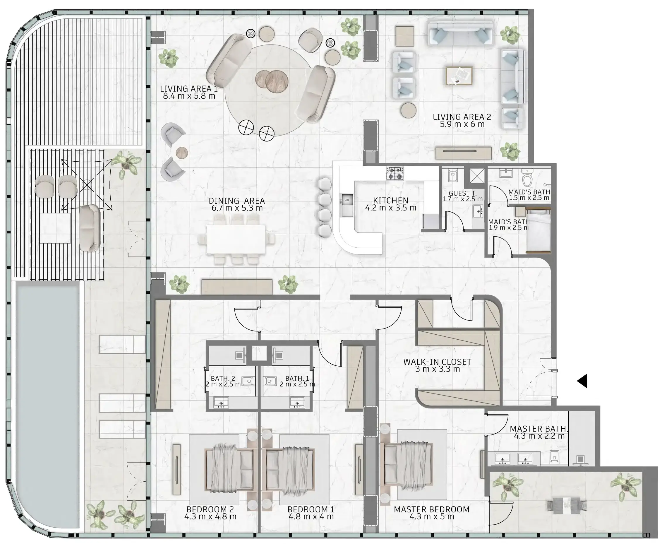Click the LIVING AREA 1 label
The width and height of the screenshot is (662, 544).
(x=189, y=89)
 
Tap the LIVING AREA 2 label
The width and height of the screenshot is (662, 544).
(x=462, y=117)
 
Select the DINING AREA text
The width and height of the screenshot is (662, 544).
(x=237, y=201)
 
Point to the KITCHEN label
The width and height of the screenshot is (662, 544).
(x=390, y=201)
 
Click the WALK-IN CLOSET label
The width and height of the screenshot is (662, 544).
(x=437, y=362)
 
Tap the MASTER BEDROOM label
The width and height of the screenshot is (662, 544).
(x=431, y=509)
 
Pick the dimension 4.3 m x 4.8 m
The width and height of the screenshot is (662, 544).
(x=210, y=517)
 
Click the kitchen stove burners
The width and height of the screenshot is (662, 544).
(x=395, y=173)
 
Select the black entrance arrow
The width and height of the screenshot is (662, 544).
(x=582, y=381)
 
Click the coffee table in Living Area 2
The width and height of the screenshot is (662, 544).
(x=459, y=76)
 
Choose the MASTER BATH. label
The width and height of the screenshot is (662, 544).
(x=538, y=429)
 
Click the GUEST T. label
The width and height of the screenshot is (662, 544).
(x=462, y=193)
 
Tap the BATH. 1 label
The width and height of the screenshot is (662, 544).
(x=297, y=379)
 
